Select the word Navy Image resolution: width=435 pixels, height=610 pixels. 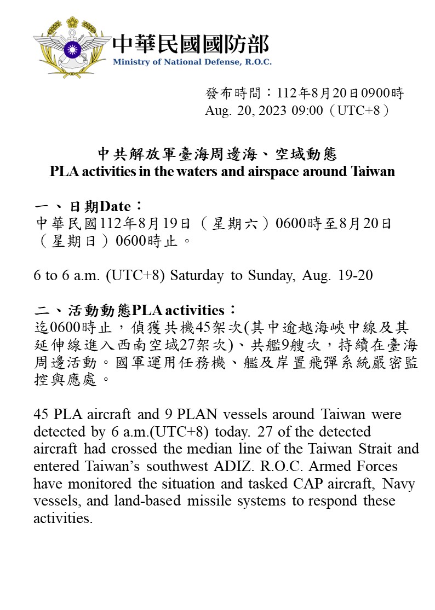pyautogui.click(x=398, y=484)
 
